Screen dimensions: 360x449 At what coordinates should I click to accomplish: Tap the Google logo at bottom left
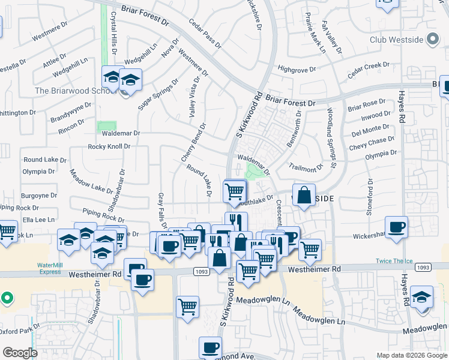(x=20, y=353)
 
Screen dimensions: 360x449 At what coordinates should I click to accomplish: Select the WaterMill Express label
(x=49, y=268)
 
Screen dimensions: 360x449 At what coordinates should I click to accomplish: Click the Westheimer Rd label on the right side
(x=314, y=270)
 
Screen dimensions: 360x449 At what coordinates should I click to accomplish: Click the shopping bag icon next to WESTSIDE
(x=304, y=196)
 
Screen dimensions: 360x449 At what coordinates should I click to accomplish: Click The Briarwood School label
(x=74, y=91)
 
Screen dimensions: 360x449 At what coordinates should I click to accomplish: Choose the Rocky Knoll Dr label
(x=109, y=146)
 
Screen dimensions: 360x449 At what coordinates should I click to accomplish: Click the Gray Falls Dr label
(x=160, y=212)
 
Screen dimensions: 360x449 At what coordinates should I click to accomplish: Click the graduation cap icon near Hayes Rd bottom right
(x=421, y=298)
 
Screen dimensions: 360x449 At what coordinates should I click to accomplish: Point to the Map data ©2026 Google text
(x=411, y=355)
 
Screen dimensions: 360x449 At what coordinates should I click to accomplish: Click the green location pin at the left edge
(x=6, y=297)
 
